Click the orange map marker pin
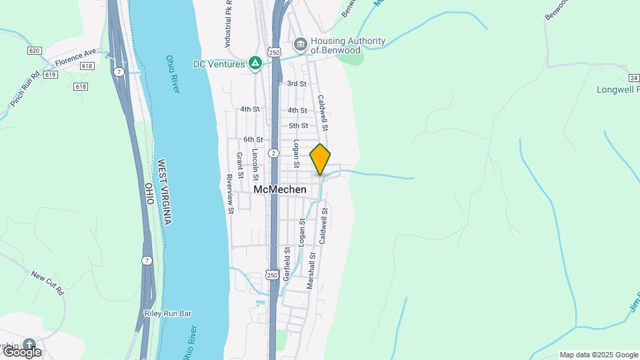320,159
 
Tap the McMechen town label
280,189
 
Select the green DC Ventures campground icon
255,63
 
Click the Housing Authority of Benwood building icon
301,45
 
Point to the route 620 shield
35,51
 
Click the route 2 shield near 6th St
273,153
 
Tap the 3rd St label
297,84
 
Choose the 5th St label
298,125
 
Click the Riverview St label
230,193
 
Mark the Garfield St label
287,263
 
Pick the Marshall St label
310,270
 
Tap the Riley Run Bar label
167,313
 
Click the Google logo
21,351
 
